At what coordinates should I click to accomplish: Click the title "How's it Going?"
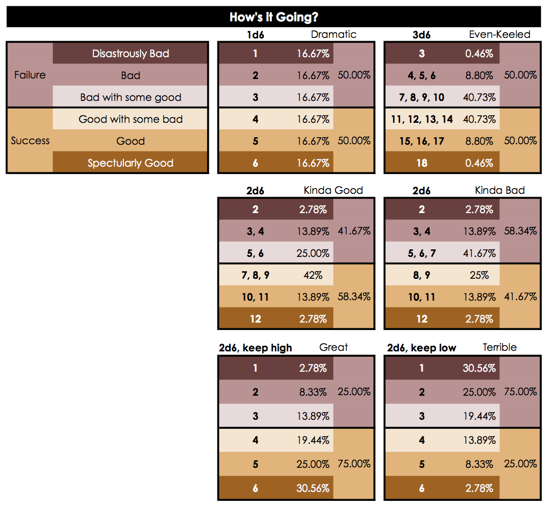point(273,17)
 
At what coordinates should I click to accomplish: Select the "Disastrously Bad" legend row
point(130,53)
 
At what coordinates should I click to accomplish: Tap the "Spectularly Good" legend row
point(130,163)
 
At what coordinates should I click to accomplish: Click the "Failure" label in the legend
point(30,75)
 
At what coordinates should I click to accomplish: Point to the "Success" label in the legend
point(30,141)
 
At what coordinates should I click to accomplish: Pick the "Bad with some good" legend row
point(130,97)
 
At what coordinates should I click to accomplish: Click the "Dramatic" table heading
point(333,35)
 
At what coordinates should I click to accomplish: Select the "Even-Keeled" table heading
point(499,35)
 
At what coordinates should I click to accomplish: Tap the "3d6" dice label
point(421,35)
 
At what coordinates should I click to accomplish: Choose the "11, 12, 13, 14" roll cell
point(421,119)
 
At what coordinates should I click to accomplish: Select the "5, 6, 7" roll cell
point(421,253)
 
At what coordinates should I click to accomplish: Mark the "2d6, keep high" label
point(255,348)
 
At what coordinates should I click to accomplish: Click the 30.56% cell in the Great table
point(313,488)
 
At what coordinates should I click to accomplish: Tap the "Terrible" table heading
point(499,348)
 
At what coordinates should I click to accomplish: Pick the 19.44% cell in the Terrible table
point(479,416)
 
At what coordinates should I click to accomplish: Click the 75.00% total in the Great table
point(354,464)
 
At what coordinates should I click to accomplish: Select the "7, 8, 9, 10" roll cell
point(421,97)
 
